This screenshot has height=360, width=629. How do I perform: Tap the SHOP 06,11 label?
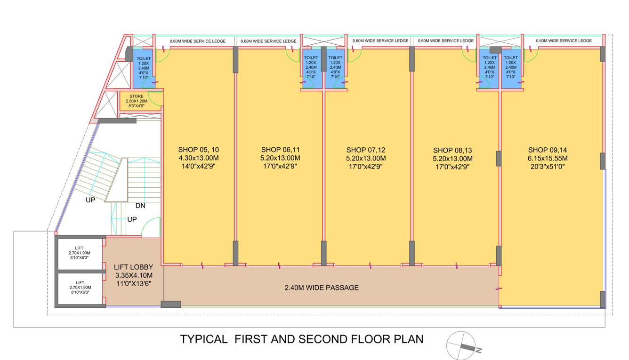(x=280, y=149)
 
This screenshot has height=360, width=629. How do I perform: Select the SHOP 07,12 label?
(x=366, y=149)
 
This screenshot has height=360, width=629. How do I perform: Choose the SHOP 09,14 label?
(x=548, y=149)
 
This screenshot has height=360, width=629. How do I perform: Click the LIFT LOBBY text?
(x=134, y=267)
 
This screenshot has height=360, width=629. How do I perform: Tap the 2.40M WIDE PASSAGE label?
(x=322, y=288)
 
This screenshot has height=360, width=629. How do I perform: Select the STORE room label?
(x=137, y=96)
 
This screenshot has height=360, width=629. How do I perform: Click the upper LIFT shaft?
(x=80, y=255)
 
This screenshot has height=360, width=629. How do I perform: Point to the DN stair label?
(x=140, y=206)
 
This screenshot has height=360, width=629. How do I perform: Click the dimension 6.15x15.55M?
(x=548, y=158)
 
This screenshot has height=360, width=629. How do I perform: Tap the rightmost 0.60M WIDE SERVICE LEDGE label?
(x=564, y=41)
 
